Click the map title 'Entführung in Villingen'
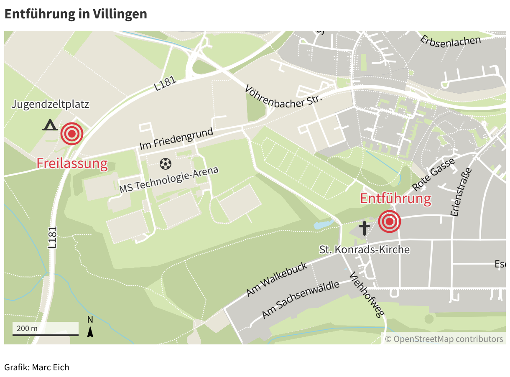coord(76,14)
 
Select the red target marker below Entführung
coord(390,222)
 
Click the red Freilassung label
coord(72,163)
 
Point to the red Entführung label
coord(395,199)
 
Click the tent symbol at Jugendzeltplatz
coord(50,125)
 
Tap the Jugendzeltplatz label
coord(50,104)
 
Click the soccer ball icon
coord(166,163)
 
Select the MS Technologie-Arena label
coord(169,180)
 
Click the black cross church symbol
coord(365,228)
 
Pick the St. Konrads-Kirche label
coord(365,250)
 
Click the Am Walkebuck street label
coord(277,279)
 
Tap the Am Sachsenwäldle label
coord(300,300)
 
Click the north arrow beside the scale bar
coord(90,326)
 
